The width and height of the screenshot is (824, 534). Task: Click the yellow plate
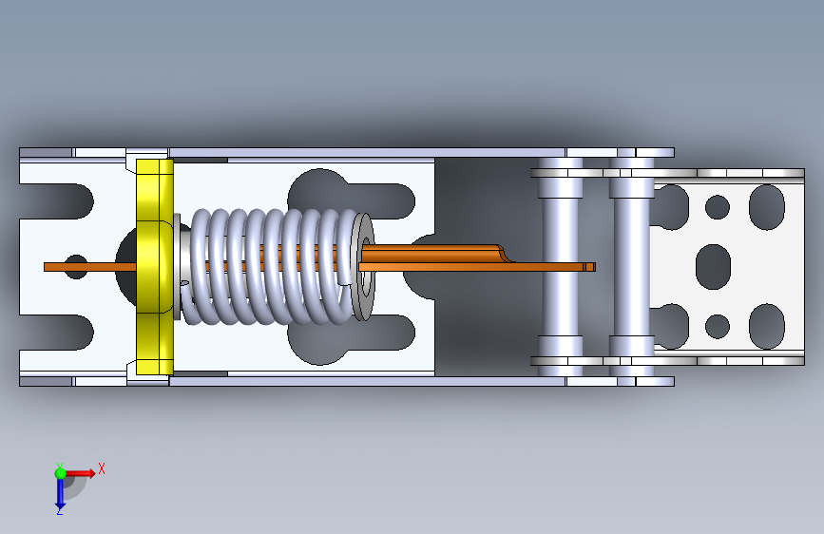click(x=155, y=267)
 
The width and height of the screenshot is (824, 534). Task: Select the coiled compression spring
click(x=268, y=266)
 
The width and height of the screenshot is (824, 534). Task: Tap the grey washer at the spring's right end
click(x=364, y=266)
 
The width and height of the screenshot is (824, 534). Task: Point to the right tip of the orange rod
click(x=594, y=267)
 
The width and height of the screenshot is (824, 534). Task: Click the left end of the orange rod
click(x=46, y=267)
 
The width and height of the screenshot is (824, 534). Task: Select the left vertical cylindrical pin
click(x=561, y=267)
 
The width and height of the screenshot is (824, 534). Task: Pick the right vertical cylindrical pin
click(x=632, y=267)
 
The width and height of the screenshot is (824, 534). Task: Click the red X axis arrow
click(x=80, y=473)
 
